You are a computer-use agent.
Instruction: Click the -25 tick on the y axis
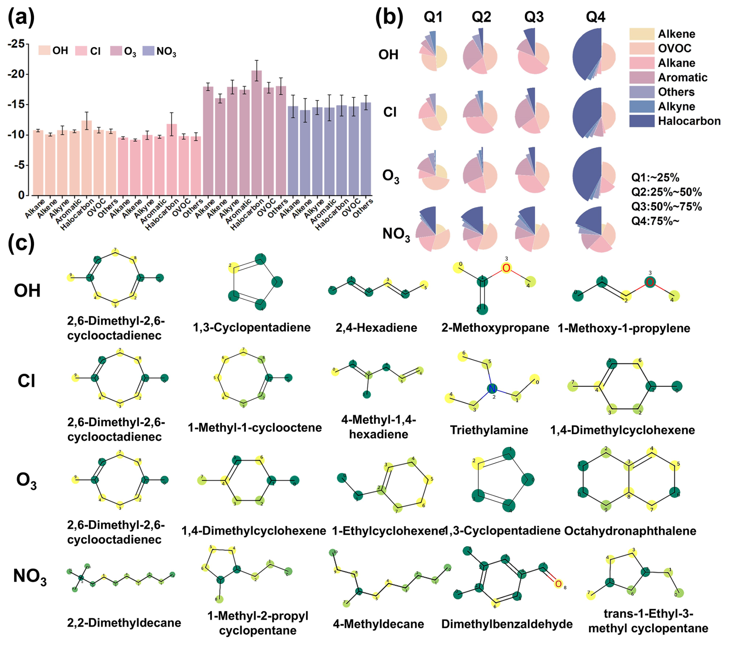[x=16, y=44]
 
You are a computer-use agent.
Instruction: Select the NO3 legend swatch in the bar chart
[x=148, y=51]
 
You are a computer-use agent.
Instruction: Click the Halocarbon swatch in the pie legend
[x=642, y=121]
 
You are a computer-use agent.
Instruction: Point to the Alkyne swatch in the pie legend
[x=642, y=106]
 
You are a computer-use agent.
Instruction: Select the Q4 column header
[x=595, y=17]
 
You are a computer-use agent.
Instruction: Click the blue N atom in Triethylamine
[x=492, y=389]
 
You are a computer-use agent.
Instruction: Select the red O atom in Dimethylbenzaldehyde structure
[x=558, y=584]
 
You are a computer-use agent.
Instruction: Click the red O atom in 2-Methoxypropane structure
[x=506, y=268]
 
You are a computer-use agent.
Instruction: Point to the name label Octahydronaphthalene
[x=630, y=531]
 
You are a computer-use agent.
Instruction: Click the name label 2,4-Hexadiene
[x=376, y=328]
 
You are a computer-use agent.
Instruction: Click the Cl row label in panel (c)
[x=26, y=381]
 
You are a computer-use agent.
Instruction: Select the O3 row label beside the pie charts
[x=390, y=176]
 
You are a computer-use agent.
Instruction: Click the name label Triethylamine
[x=489, y=430]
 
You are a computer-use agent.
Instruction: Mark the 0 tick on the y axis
[x=21, y=195]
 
